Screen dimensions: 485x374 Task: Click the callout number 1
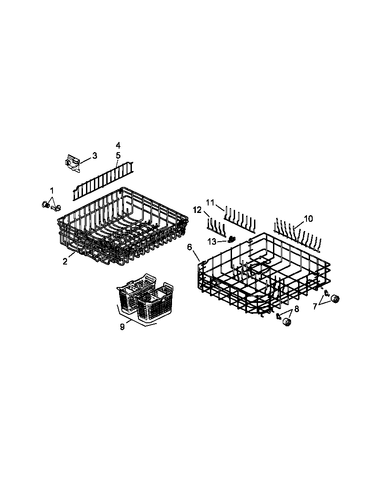click(x=52, y=190)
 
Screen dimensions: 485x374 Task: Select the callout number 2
click(x=65, y=261)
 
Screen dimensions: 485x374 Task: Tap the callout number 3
click(x=94, y=156)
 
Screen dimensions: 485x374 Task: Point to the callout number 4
click(x=118, y=145)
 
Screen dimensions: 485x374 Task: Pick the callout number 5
click(x=118, y=155)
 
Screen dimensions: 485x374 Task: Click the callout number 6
click(x=190, y=247)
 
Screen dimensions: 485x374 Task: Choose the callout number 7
click(x=315, y=306)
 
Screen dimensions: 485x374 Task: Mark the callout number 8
click(x=296, y=309)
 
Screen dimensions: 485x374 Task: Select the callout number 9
click(x=122, y=326)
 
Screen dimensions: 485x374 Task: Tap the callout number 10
click(x=308, y=219)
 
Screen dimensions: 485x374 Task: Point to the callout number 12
click(x=197, y=210)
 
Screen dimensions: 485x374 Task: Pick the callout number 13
click(x=212, y=241)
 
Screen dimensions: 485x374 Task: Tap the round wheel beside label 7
click(x=336, y=299)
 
